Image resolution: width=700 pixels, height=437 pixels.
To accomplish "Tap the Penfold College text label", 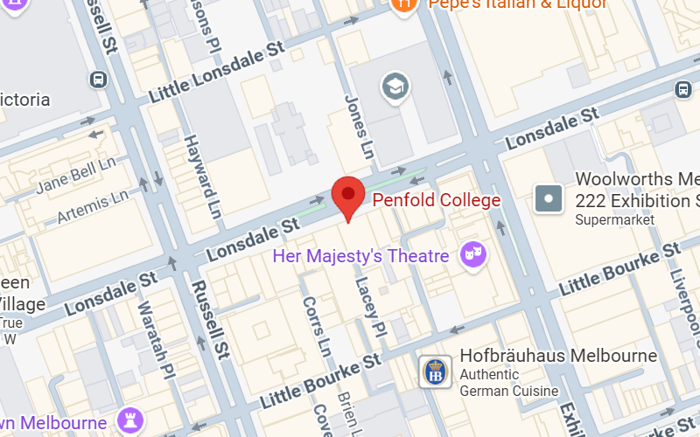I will [437, 200].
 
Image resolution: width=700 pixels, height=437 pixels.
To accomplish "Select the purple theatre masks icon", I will [474, 254].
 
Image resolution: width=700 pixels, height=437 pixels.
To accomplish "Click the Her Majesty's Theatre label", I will [360, 256].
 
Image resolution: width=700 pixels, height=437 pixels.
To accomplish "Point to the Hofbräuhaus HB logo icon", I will [434, 371].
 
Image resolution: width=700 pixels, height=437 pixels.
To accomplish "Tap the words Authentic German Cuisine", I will [507, 382].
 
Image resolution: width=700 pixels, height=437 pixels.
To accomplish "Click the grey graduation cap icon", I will [395, 87].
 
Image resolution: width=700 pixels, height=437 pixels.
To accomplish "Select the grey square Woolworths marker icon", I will [549, 199].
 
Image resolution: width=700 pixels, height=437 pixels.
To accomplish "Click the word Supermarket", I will [615, 220].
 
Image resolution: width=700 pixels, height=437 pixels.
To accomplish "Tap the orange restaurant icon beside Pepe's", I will [402, 5].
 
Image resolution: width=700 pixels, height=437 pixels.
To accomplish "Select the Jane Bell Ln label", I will [76, 176].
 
